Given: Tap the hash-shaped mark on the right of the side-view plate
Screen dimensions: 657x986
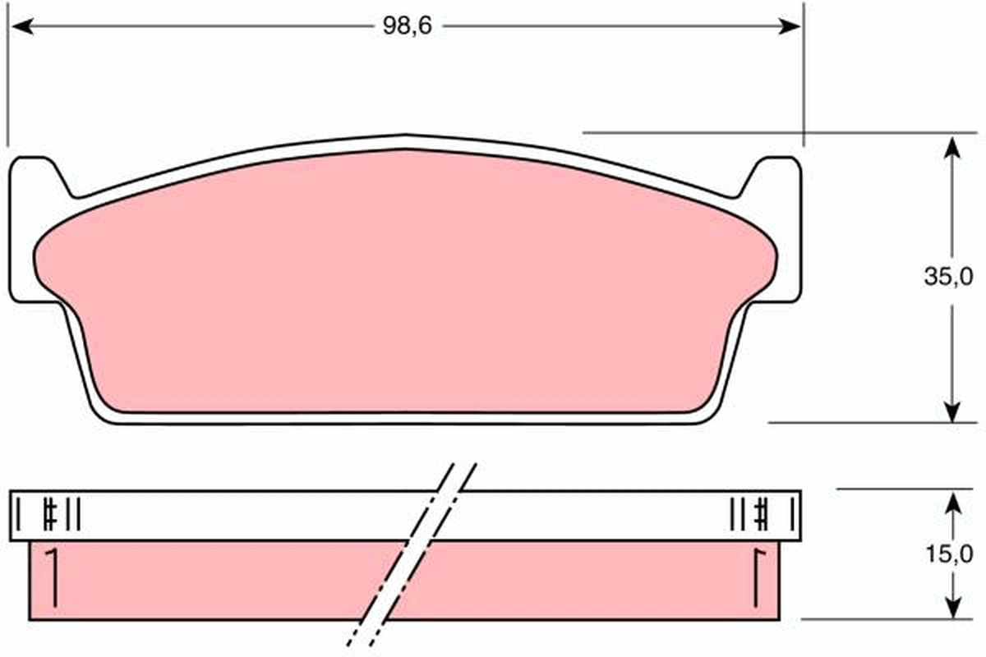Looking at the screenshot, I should click(762, 515).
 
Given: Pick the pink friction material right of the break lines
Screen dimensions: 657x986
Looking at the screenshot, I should click(575, 580).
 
